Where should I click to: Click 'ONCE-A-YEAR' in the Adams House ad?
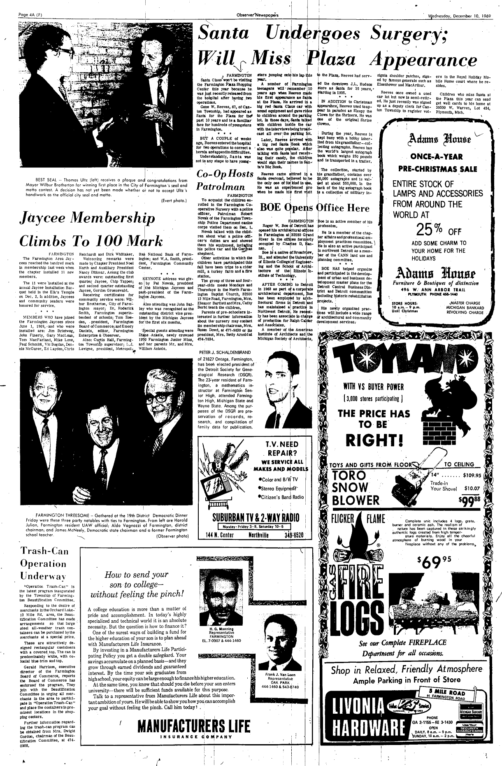coord(437,157)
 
